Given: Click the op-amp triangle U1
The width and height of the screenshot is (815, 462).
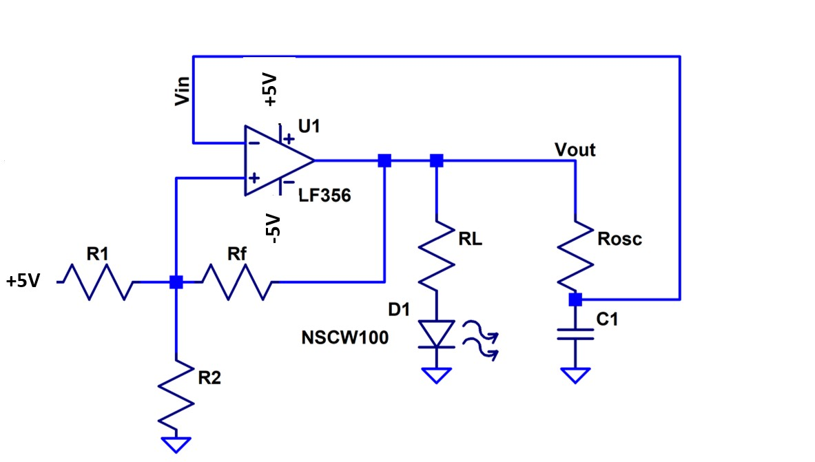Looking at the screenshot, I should pos(276,161).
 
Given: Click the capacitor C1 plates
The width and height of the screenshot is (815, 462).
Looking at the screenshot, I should pos(576,334).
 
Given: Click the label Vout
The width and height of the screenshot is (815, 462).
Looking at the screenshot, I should pos(575,149).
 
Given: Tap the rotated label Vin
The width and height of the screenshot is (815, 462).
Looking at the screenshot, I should pos(183,90).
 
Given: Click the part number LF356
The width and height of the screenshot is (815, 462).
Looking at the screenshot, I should pos(324,196).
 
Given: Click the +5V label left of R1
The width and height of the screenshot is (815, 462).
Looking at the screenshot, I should pos(23,282).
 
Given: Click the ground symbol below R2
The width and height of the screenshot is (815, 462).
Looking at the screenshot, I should pos(176,444).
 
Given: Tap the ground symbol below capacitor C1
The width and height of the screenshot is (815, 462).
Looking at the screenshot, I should pos(576,376).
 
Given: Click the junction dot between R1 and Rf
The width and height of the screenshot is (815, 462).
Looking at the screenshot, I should pos(176,282).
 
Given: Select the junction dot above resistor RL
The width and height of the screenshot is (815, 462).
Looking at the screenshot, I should pos(437,160).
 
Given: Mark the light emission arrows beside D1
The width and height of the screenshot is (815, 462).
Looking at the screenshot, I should pos(480,339).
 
